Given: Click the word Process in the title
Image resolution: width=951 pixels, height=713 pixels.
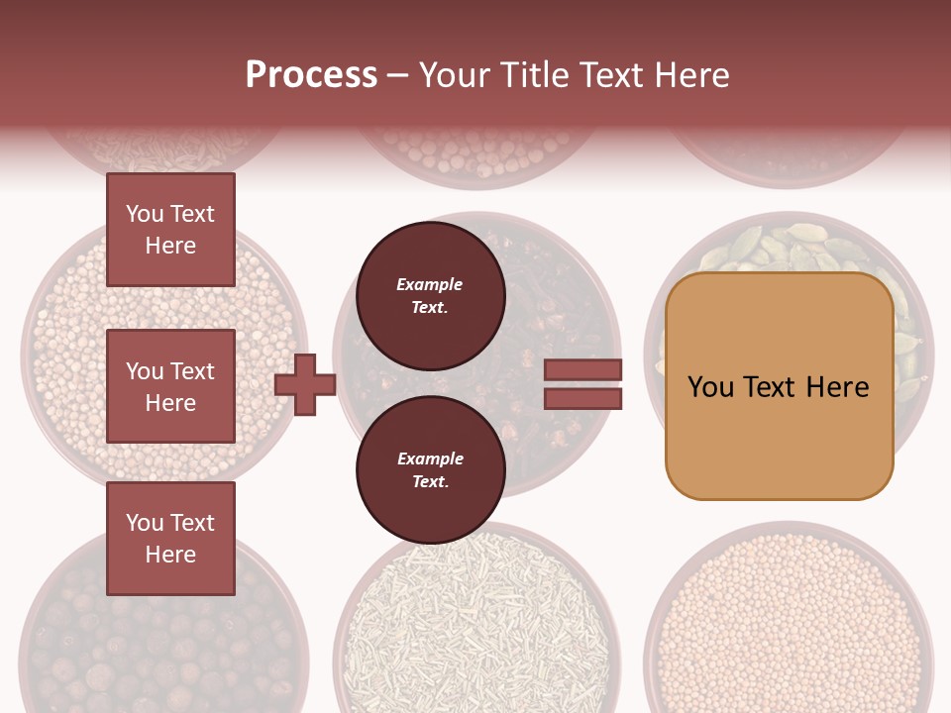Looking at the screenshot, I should [x=311, y=75].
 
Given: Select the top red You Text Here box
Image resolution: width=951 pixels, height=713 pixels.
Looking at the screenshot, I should [x=170, y=230].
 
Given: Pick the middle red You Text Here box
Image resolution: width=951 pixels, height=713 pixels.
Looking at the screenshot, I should [x=170, y=386].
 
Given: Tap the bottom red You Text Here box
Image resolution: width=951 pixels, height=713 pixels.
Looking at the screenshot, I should [x=170, y=539].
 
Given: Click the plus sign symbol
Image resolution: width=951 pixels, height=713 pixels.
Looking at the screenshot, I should [x=305, y=384].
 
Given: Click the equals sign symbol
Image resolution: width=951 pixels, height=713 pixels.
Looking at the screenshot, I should [x=583, y=384].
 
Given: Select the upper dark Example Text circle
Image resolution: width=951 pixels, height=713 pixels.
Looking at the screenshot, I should [x=430, y=296].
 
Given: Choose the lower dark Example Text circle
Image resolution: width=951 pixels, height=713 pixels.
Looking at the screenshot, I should [x=430, y=470].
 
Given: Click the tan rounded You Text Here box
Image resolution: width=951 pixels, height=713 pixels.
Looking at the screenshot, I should [x=779, y=386].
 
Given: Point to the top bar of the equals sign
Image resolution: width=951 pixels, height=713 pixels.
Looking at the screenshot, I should [x=583, y=370].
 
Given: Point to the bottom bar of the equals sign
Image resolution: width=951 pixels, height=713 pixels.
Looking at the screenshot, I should [x=583, y=399].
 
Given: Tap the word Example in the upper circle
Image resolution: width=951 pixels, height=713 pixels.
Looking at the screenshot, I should [x=430, y=285].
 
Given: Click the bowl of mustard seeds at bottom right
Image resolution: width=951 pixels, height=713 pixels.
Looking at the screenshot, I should [x=789, y=624].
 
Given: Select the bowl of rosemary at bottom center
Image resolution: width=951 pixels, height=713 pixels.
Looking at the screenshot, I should [x=475, y=624].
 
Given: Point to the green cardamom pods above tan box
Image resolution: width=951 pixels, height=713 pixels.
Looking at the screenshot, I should [x=783, y=248].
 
